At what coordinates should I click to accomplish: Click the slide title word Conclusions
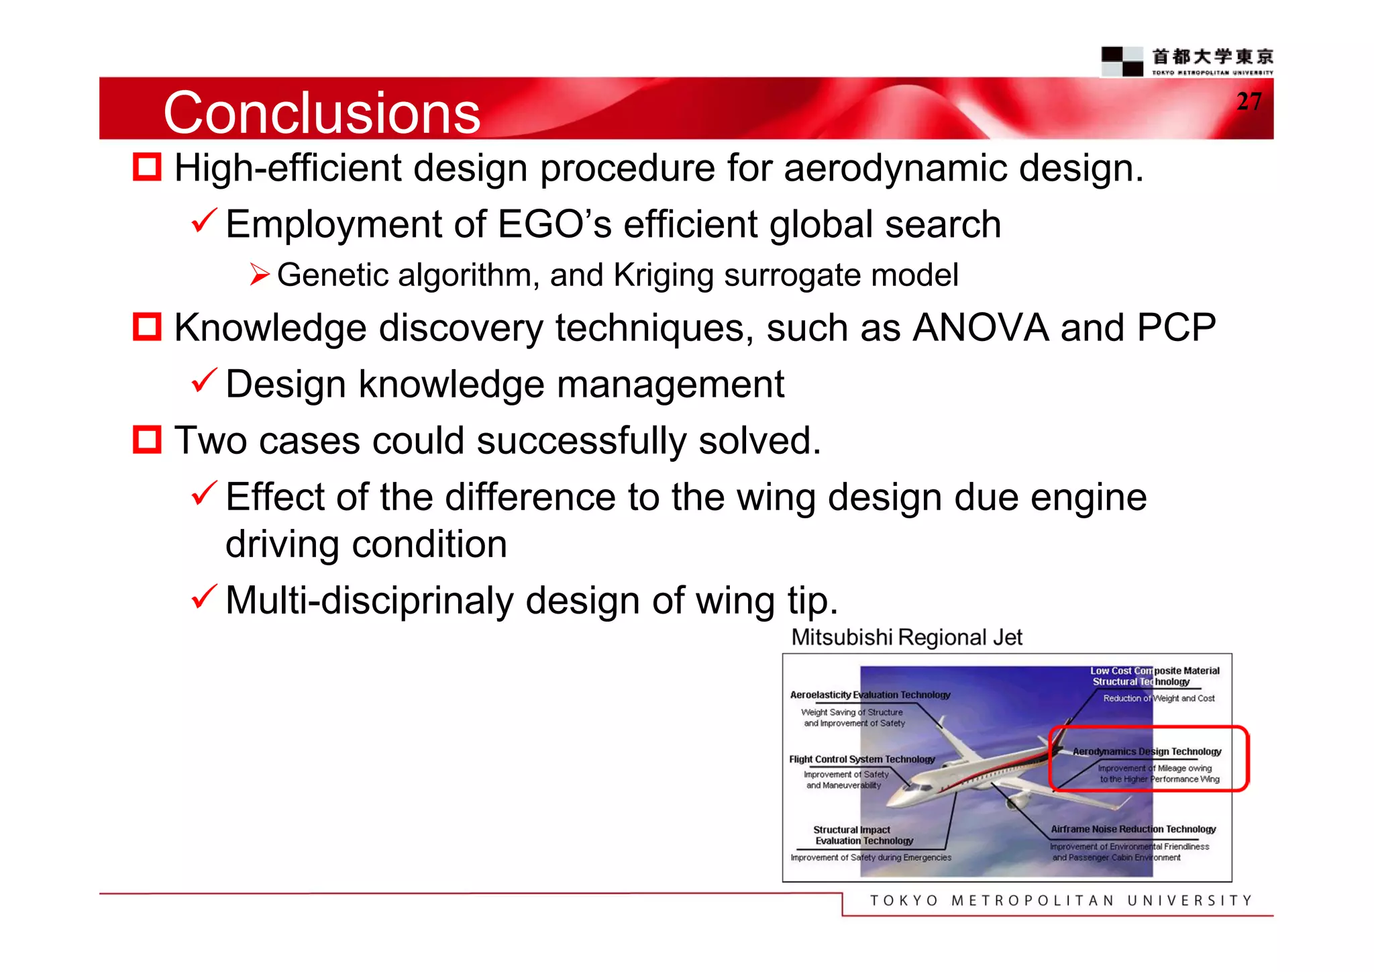point(321,113)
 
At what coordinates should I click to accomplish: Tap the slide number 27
point(1249,101)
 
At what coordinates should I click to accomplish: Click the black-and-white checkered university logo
point(1122,61)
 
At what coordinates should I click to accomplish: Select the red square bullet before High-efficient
point(147,167)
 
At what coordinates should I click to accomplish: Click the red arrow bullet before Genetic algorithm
point(259,275)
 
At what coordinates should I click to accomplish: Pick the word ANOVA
point(980,328)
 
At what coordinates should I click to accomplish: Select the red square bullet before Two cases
point(147,440)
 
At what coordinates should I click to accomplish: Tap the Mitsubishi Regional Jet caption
point(906,638)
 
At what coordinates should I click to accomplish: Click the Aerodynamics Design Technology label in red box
point(1147,752)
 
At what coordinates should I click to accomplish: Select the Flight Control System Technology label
point(861,759)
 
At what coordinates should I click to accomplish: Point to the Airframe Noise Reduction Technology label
point(1133,830)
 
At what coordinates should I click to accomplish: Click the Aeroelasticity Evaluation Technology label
point(869,695)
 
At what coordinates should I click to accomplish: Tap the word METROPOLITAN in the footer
point(1033,901)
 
